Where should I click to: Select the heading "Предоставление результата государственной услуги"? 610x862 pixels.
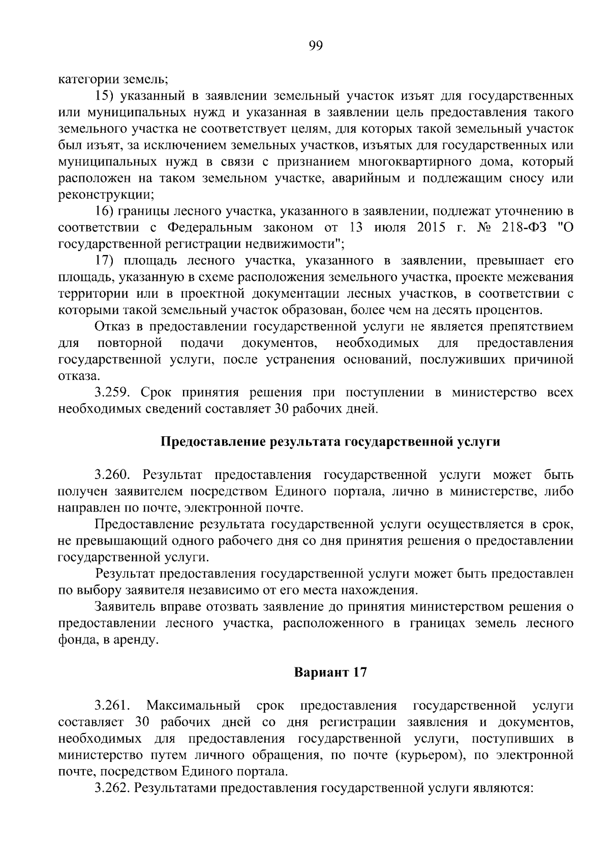[x=330, y=442]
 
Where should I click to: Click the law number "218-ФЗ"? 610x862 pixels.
[x=523, y=228]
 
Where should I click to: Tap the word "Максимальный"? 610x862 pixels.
[x=193, y=706]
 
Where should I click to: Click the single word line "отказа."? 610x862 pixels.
[x=79, y=376]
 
